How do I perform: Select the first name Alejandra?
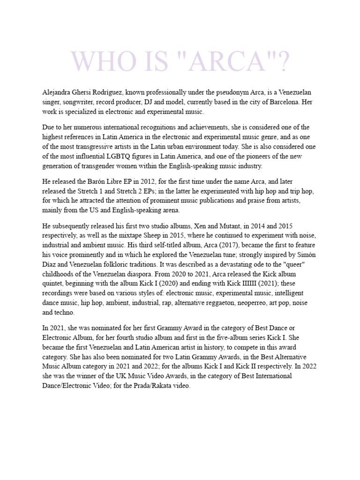pos(57,92)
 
